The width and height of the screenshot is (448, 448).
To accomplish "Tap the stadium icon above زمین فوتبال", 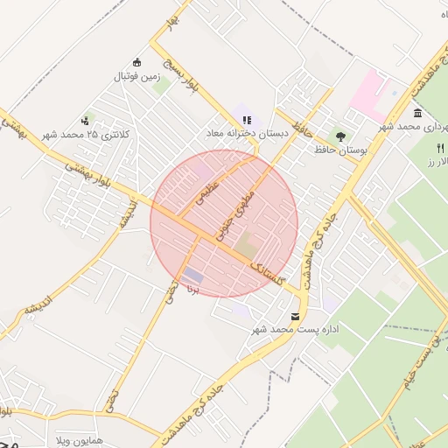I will [x=136, y=62].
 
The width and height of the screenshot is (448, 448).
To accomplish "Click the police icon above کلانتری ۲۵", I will [x=85, y=120].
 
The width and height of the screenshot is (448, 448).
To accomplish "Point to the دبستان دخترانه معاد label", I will [x=246, y=134].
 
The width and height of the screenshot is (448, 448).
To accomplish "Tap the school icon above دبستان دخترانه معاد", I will [x=246, y=120].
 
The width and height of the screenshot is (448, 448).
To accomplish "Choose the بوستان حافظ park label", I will [x=339, y=150].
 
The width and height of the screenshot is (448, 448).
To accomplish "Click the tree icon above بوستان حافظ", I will [x=340, y=136].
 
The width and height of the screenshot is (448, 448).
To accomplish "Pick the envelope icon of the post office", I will [x=295, y=315].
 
